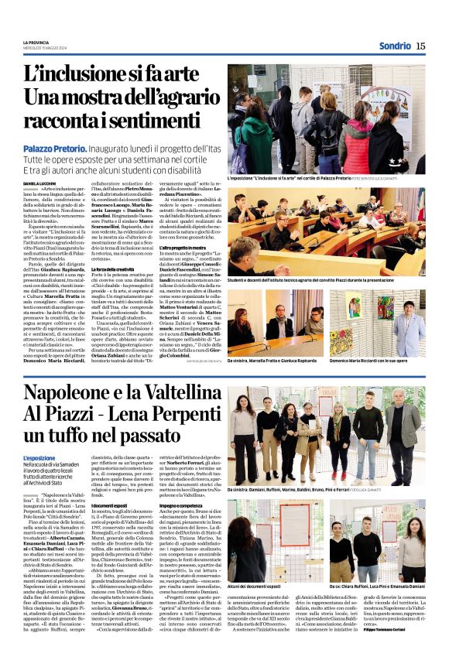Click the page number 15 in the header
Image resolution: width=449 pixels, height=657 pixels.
click(x=420, y=46)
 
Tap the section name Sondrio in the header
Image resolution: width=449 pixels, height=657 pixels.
click(x=396, y=46)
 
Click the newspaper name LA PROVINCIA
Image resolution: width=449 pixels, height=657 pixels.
click(x=37, y=42)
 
